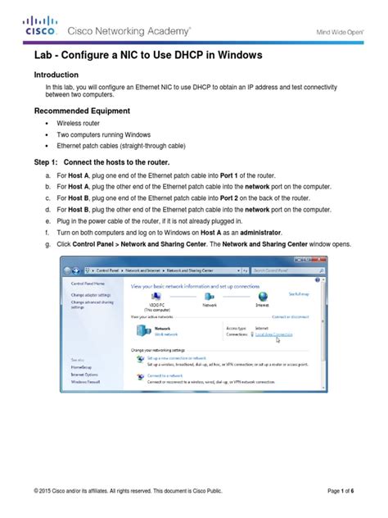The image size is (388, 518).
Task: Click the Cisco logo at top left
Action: pos(39,27)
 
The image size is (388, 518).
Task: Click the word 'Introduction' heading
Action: pos(61,73)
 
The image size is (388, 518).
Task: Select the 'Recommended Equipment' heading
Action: pos(82,111)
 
